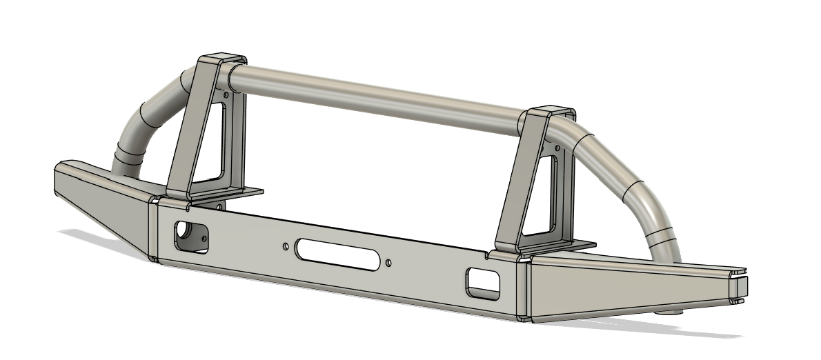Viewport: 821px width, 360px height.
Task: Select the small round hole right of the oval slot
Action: (x=389, y=263)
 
